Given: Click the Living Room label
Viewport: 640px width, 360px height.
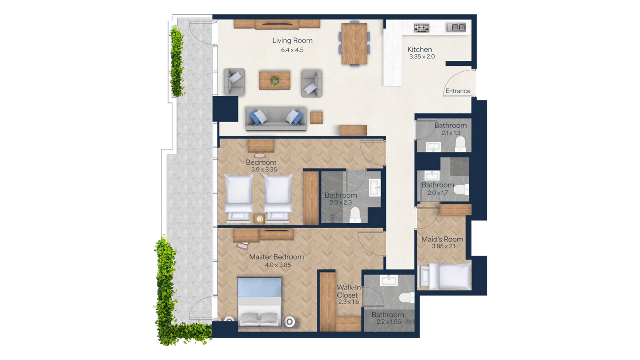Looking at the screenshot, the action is (x=292, y=41).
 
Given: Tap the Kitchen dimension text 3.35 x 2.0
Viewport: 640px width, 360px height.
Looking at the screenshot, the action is (x=422, y=57).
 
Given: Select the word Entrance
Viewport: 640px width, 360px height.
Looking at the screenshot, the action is (x=458, y=91).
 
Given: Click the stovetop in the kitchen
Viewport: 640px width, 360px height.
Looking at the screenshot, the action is (x=421, y=28).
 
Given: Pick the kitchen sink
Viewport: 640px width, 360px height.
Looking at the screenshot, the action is (x=456, y=27).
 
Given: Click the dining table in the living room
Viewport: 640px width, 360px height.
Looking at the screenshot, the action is (x=354, y=43).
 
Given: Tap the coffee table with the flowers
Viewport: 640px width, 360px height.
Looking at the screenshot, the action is (x=275, y=80).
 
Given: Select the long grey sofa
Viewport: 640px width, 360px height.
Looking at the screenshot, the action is (x=276, y=119).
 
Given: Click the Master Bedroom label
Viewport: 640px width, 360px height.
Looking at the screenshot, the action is (x=276, y=257).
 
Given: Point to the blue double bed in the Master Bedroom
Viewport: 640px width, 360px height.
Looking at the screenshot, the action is (x=260, y=302).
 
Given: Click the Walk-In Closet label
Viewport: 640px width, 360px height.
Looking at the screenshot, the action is (x=348, y=291).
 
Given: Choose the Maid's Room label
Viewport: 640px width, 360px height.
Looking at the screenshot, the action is (x=442, y=239).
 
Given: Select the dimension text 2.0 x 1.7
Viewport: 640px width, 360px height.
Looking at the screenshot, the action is (x=438, y=193).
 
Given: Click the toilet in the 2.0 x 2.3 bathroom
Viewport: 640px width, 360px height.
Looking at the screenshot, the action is (x=355, y=215).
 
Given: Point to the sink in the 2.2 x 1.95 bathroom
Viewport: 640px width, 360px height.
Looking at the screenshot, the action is (x=388, y=280).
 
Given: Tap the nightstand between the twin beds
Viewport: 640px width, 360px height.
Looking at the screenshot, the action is (x=260, y=219).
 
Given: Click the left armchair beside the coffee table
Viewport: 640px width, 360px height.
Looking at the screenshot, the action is (x=234, y=82).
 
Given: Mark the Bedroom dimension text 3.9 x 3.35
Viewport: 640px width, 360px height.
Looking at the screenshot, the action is (x=264, y=170).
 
